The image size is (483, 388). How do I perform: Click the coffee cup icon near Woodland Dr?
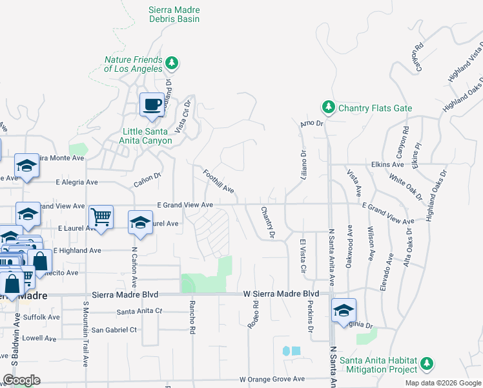click(152, 105)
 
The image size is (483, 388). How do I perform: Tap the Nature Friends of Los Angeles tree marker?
click(171, 63)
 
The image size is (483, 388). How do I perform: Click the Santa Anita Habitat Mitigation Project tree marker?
click(426, 364)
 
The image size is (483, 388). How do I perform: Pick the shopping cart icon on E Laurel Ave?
click(101, 217)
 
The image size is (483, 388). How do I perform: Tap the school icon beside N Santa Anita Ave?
click(344, 310)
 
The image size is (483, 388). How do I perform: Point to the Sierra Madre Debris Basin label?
click(174, 15)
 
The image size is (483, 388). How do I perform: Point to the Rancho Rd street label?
click(192, 318)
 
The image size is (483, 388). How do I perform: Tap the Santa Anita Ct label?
click(139, 311)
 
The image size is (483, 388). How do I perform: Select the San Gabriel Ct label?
click(114, 329)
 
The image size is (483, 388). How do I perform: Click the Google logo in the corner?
click(21, 380)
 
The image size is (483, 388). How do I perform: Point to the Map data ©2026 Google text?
click(443, 383)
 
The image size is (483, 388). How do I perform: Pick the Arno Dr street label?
click(311, 122)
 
